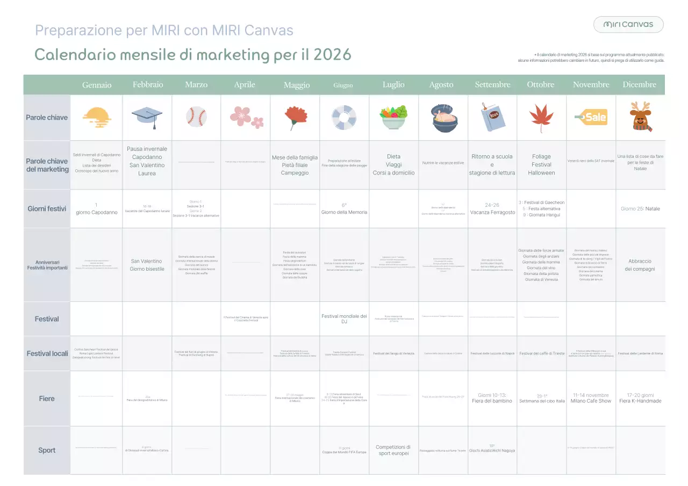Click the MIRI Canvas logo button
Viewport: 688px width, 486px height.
point(628,24)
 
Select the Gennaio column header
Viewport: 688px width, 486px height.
point(97,85)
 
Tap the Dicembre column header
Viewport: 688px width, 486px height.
point(639,85)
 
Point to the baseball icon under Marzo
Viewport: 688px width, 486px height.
point(196,117)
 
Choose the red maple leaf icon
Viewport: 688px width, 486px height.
point(541,117)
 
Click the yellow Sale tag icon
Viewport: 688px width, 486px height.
point(591,117)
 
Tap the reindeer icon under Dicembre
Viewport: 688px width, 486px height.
point(640,117)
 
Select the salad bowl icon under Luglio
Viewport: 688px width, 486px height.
point(393,118)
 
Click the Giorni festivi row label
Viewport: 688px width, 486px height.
point(47,209)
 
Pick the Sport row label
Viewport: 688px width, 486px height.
point(47,450)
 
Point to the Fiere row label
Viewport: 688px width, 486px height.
point(47,398)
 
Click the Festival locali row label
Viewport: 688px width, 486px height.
point(47,353)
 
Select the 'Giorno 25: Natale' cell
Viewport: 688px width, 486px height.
point(640,209)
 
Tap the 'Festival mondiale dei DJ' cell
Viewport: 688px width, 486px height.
point(344,319)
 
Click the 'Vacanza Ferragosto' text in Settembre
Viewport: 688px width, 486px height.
point(492,212)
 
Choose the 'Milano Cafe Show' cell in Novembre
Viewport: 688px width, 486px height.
point(591,401)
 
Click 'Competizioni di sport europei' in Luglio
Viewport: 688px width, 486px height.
point(393,450)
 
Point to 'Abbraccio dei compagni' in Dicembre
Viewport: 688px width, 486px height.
point(640,265)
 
